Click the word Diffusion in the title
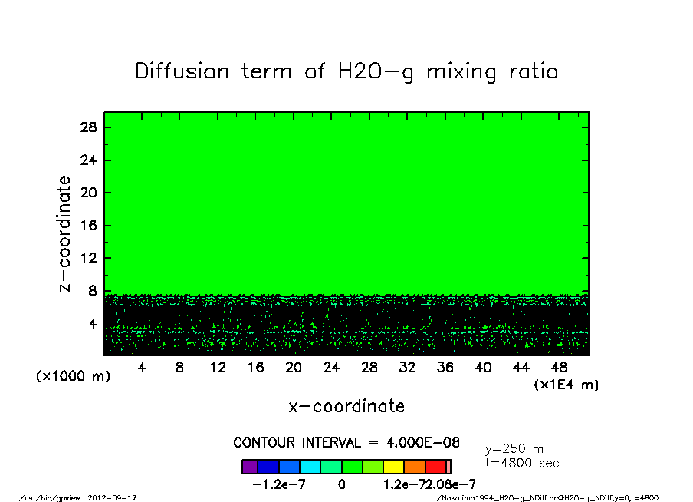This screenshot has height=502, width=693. pos(182,71)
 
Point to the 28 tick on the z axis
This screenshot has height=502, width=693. pos(89,127)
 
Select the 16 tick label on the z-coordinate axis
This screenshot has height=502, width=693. pos(89,226)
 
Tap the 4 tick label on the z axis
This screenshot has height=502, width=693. pos(93,324)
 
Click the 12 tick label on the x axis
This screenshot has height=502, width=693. pos(218,368)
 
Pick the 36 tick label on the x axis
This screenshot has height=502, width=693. pos(445,368)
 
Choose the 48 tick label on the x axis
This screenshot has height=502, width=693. pos(560,368)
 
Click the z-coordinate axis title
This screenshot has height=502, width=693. pos(66,233)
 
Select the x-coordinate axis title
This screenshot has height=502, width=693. pos(346,406)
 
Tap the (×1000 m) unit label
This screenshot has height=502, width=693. pos(74,377)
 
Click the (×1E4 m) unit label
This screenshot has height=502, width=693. pos(566,384)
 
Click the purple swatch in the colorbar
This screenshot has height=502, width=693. pos(250,467)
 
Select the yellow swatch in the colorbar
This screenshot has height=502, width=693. pos(393,467)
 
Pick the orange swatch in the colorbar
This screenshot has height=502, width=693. pos(415,467)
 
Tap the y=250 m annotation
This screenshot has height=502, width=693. pos(514,449)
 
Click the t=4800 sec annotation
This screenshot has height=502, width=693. pos(522,463)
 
